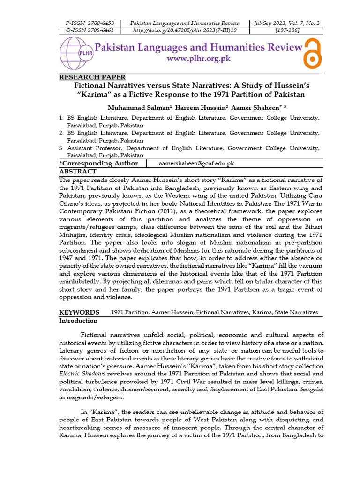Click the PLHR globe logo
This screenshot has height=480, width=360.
pyautogui.click(x=75, y=53)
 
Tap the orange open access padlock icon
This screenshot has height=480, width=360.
pyautogui.click(x=313, y=53)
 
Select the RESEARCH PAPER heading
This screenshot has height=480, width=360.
pyautogui.click(x=92, y=77)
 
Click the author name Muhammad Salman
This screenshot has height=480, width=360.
pyautogui.click(x=134, y=107)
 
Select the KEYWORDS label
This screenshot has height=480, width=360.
pyautogui.click(x=79, y=312)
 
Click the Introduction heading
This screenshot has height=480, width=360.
pyautogui.click(x=78, y=321)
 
